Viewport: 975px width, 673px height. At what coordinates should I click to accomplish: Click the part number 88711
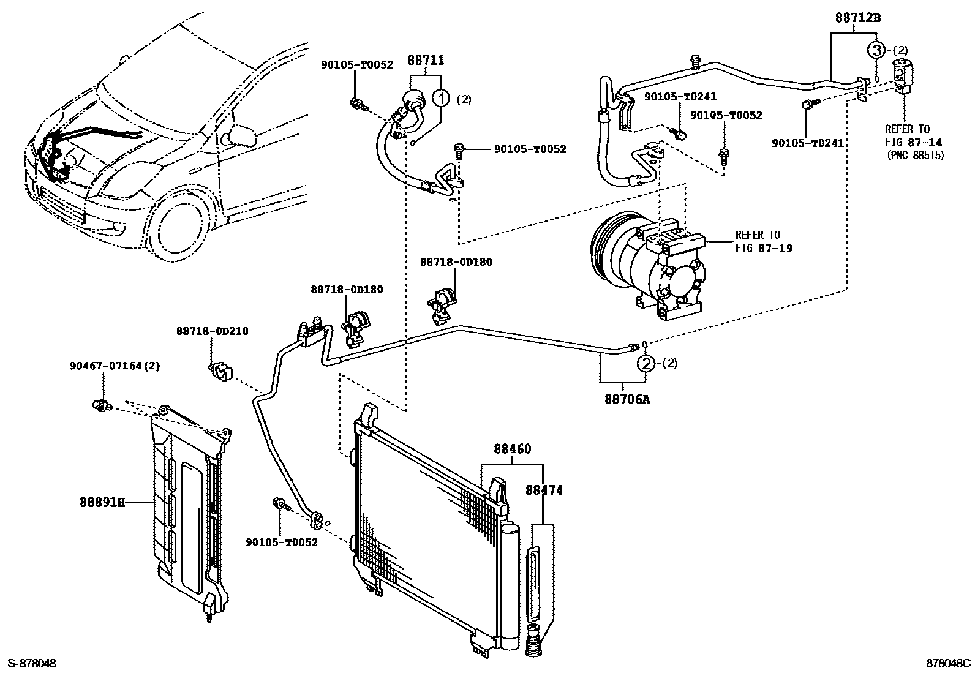point(426,60)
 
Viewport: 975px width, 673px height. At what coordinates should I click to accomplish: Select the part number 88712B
point(857,18)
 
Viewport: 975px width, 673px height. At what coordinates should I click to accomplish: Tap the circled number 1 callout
point(442,99)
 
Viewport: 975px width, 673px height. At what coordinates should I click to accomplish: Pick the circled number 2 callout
point(646,364)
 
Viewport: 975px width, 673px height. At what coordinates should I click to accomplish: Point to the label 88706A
point(627,399)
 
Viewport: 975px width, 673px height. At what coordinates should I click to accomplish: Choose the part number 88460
point(513,449)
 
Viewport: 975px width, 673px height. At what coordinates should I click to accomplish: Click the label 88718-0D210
point(212,331)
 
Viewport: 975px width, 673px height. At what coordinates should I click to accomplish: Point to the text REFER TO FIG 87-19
point(758,241)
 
